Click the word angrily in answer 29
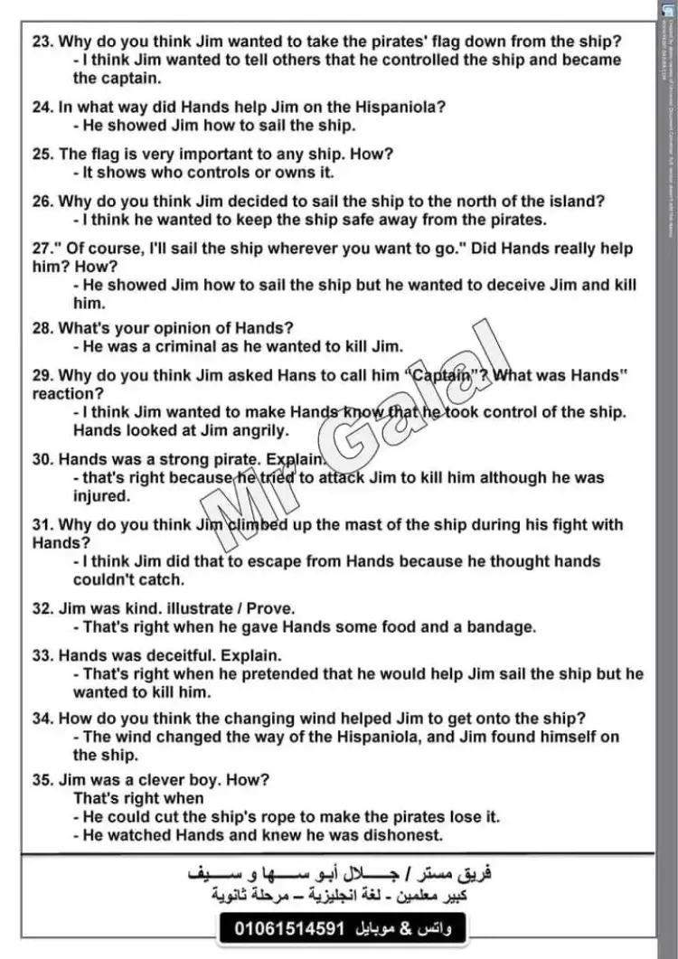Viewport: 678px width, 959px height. click(x=255, y=431)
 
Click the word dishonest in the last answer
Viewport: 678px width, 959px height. click(x=400, y=835)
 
